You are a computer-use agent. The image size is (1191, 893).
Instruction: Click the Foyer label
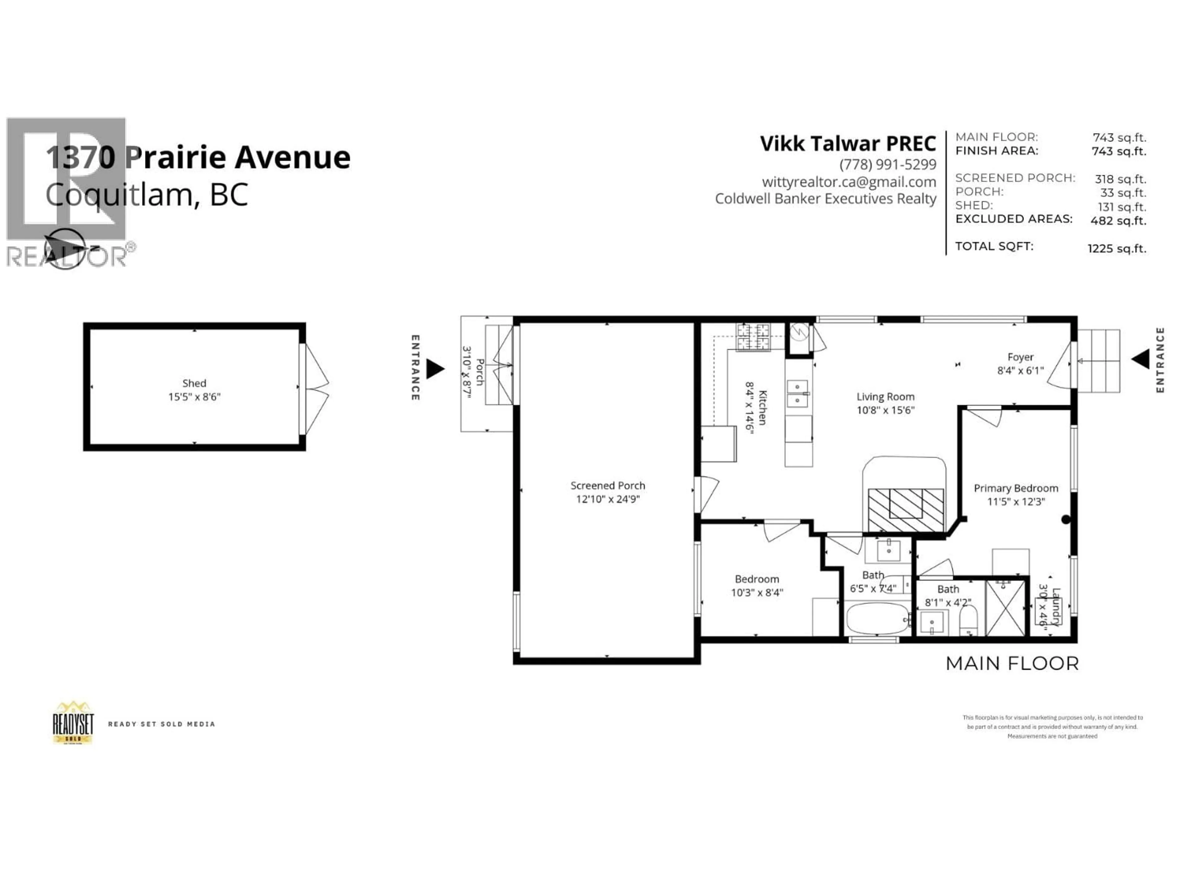pos(1020,357)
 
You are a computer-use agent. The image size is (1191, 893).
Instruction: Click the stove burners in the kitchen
pos(753,337)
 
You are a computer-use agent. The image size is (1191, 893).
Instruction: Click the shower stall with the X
pos(1005,608)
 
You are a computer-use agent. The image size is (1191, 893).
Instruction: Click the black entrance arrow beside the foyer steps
pos(1140,359)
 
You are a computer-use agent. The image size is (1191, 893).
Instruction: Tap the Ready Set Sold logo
pos(73,723)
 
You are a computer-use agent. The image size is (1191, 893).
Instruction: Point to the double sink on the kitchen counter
pos(797,393)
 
